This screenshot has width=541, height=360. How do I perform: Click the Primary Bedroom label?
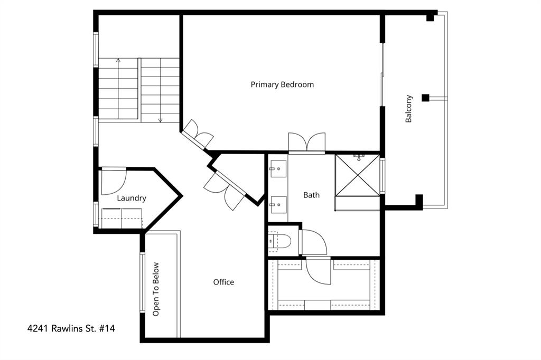pos(282,84)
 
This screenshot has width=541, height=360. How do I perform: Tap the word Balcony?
pos(409,109)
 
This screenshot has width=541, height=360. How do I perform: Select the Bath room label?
pos(311,195)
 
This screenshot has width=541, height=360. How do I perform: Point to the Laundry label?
pos(131,198)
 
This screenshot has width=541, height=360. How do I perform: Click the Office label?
pos(223,282)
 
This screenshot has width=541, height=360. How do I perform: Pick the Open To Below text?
pos(156,289)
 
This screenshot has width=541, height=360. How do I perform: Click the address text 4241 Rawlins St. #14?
pos(71,328)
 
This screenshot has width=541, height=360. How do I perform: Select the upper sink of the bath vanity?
pos(277,169)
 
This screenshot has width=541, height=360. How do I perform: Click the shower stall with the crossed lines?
pos(357,175)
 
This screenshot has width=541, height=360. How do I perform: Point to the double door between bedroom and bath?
pos(306,143)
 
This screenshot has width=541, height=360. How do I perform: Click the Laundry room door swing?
pos(113,181)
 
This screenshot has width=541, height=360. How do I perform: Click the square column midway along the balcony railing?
pos(425,98)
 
